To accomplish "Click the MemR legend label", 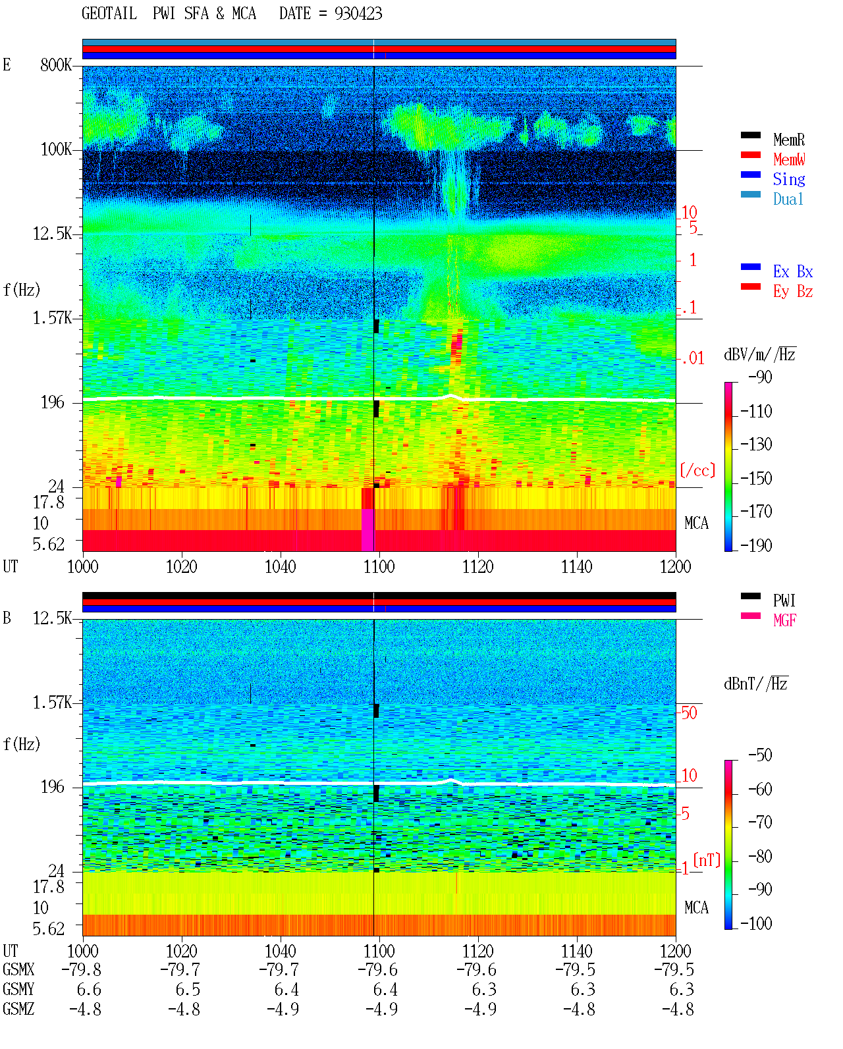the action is tap(788, 140).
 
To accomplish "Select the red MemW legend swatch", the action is tap(750, 155).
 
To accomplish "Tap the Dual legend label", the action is tap(788, 199).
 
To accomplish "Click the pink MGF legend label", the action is tap(784, 620).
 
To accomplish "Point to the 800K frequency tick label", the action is tap(56, 65).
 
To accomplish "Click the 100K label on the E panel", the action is tap(56, 149).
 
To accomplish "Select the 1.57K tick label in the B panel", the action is tap(52, 703).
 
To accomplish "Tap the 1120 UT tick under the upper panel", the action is tap(478, 566).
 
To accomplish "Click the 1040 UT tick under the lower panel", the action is tap(281, 950).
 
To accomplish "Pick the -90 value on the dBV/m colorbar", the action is tap(759, 377).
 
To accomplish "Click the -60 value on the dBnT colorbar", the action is tap(759, 789).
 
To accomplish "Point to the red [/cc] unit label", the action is tap(697, 470).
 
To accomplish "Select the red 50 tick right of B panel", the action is tap(689, 713).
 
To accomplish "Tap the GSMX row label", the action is tap(18, 969).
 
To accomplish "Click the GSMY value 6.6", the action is tap(89, 989).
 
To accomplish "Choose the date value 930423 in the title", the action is tap(358, 14).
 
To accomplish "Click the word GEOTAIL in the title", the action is tap(109, 14).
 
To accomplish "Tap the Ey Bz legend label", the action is tap(793, 291).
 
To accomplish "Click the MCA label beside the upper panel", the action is tap(696, 523).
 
